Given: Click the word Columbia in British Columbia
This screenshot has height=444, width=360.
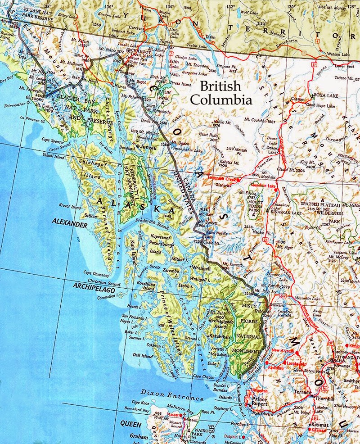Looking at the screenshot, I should point(226,100).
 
